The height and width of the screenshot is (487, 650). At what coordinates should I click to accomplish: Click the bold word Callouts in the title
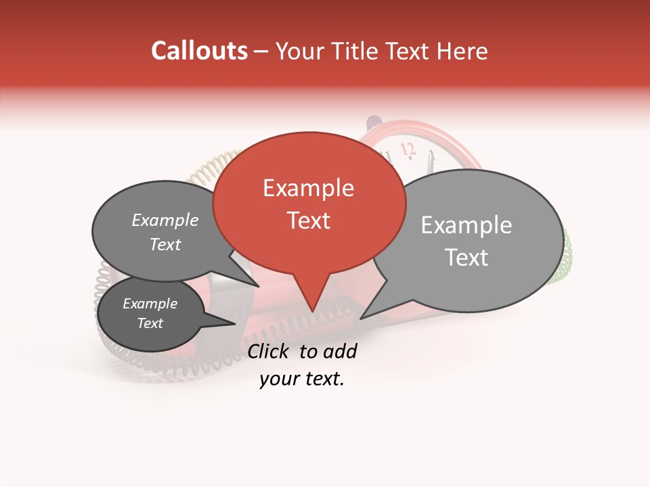pos(199,51)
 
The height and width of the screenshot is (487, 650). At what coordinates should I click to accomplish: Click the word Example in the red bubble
pos(308,188)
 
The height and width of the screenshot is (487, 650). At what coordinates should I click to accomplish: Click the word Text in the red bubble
pos(309,220)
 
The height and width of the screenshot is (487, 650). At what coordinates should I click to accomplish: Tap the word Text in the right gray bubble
pos(466,258)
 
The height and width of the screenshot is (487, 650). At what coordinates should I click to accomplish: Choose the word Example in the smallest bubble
pos(150,304)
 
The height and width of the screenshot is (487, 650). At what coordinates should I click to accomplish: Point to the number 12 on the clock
pos(407,149)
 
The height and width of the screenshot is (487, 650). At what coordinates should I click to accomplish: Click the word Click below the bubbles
pos(269,351)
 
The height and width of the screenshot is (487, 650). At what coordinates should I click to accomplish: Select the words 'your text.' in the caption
pos(302,379)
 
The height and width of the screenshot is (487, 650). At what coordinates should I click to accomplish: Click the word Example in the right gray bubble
pos(466,225)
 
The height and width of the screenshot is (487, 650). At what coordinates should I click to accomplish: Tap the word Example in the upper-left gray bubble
pos(165,220)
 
